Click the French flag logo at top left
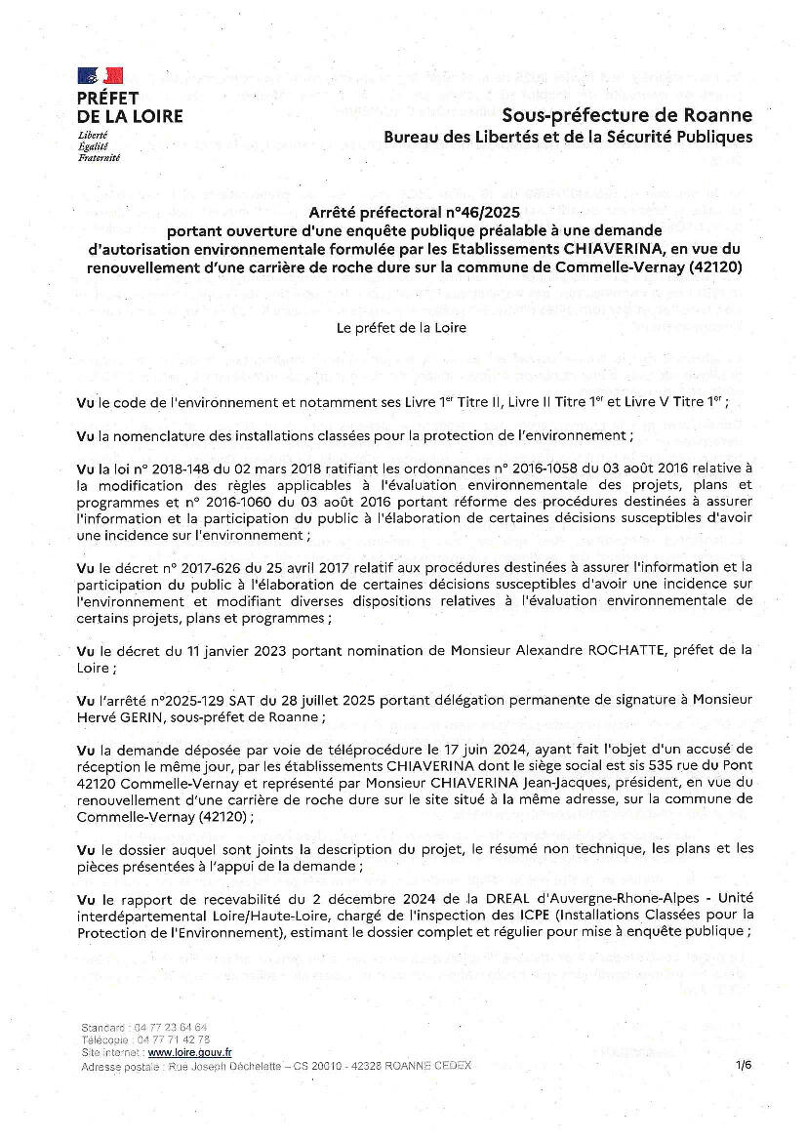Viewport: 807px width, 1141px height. pos(101,75)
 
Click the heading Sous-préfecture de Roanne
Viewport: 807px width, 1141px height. pos(626,116)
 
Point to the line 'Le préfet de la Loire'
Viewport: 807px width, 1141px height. pos(401,328)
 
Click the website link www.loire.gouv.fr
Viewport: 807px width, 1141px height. pos(189,1052)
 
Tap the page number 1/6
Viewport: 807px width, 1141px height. pos(745,1065)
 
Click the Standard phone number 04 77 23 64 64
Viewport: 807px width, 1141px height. pos(173,1028)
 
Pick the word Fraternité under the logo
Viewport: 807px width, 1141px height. pos(99,156)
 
